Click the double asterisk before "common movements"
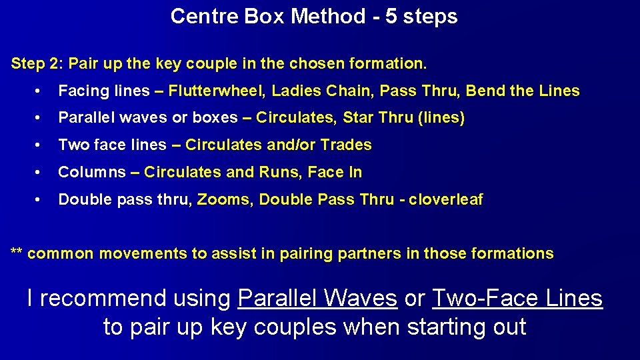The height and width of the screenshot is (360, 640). [17, 254]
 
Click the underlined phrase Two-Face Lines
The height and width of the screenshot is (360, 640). [517, 298]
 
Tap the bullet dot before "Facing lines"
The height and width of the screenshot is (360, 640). [41, 91]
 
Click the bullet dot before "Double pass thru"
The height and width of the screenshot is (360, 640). [41, 200]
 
